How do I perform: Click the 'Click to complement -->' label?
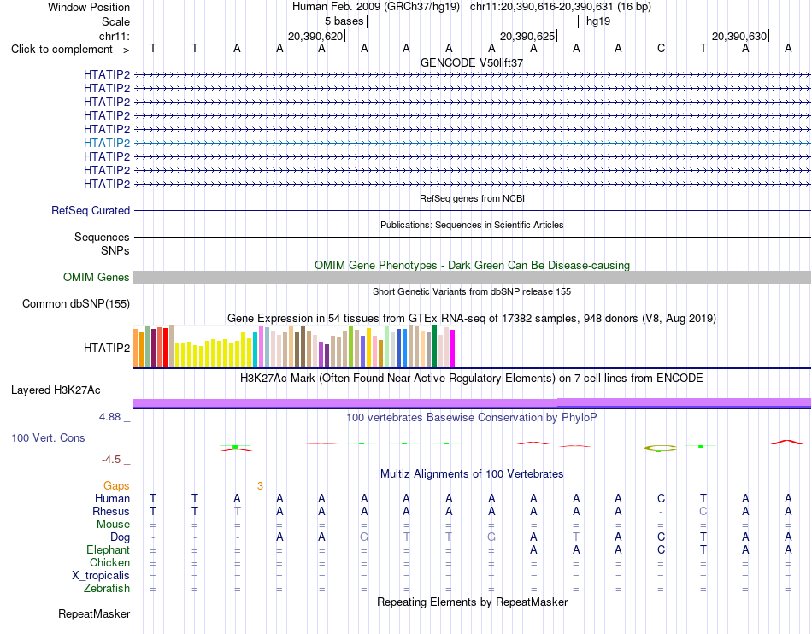pyautogui.click(x=70, y=50)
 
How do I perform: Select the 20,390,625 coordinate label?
pyautogui.click(x=527, y=36)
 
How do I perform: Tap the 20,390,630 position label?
pyautogui.click(x=739, y=36)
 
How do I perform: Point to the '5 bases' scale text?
pyautogui.click(x=344, y=21)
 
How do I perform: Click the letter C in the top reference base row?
pyautogui.click(x=661, y=48)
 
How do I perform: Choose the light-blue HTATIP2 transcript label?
pyautogui.click(x=107, y=143)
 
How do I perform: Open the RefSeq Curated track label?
pyautogui.click(x=91, y=211)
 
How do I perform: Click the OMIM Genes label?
pyautogui.click(x=97, y=278)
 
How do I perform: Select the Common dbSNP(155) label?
pyautogui.click(x=76, y=304)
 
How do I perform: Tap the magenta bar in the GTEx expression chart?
pyautogui.click(x=453, y=349)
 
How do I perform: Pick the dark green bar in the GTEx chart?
pyautogui.click(x=434, y=346)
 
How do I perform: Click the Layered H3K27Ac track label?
pyautogui.click(x=56, y=390)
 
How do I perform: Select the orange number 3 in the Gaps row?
pyautogui.click(x=260, y=486)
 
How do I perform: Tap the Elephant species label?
pyautogui.click(x=109, y=550)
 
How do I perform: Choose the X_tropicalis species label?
pyautogui.click(x=101, y=576)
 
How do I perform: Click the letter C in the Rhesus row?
pyautogui.click(x=703, y=511)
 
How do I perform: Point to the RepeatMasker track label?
pyautogui.click(x=94, y=614)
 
